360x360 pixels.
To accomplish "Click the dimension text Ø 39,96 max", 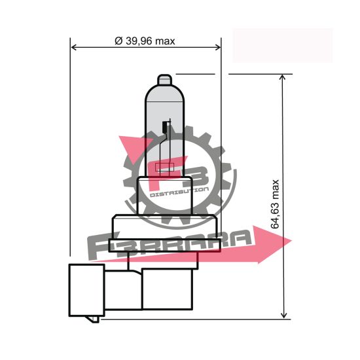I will click(145, 41).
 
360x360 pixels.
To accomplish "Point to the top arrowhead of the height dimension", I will click(283, 79).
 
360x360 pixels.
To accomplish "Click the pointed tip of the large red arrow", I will click(291, 243).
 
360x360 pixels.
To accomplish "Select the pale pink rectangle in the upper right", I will click(282, 45).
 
